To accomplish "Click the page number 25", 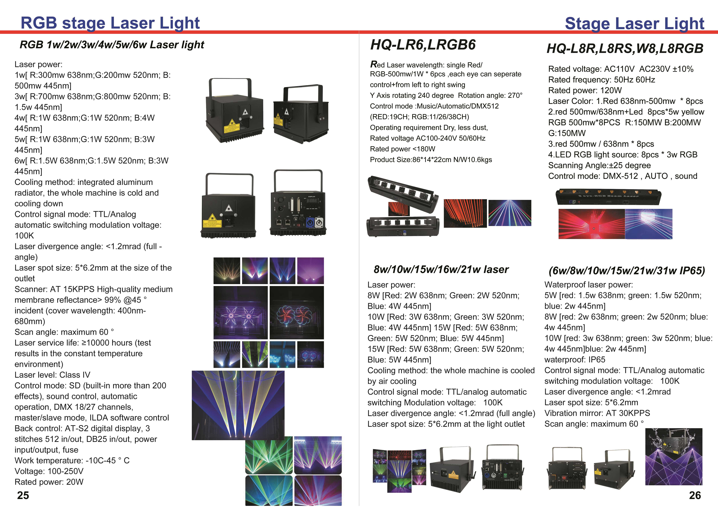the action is [23, 495].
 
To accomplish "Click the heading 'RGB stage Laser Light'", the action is [110, 23].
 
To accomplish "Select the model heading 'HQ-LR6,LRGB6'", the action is [423, 45].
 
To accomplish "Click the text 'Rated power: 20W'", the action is [49, 482].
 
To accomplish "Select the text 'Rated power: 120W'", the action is [585, 90].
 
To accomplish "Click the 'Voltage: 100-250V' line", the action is [49, 471].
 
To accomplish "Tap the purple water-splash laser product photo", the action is [674, 457].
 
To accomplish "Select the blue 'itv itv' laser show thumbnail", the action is [282, 355].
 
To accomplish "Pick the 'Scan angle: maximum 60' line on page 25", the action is [64, 332].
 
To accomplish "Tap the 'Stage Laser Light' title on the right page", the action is [635, 24].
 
